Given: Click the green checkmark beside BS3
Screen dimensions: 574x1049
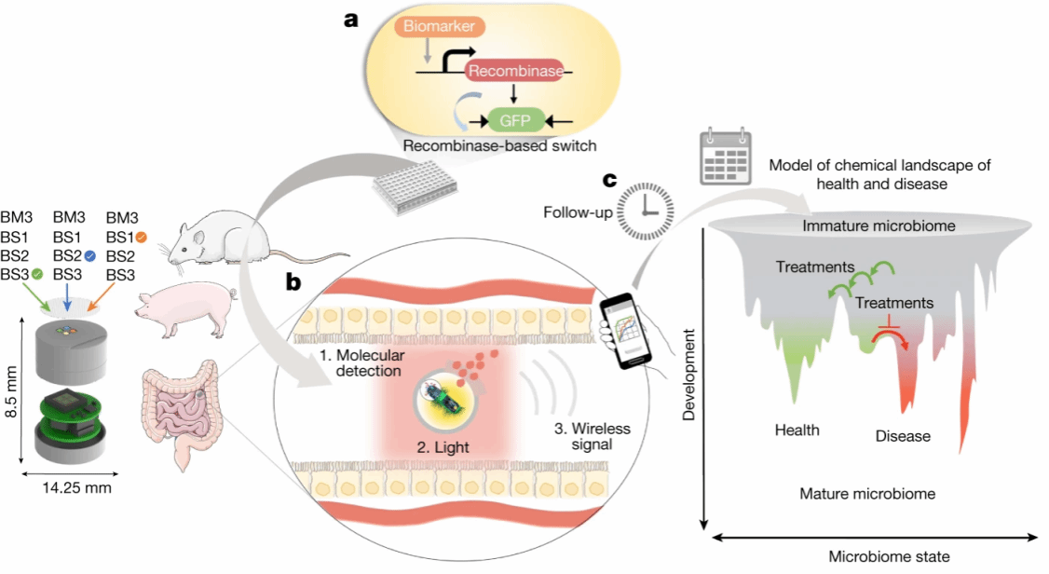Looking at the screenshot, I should click(37, 274).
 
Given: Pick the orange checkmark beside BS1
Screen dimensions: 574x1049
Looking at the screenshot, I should click(142, 237).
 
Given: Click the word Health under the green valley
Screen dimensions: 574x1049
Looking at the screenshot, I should click(797, 430).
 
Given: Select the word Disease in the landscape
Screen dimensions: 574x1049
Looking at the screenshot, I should click(903, 435).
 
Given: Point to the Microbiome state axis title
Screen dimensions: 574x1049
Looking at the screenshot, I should click(889, 556).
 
